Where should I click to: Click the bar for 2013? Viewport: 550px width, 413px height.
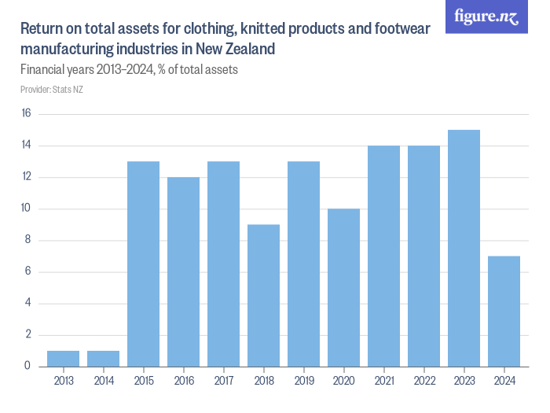[x=63, y=358]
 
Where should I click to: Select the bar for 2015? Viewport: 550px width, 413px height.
[x=143, y=264]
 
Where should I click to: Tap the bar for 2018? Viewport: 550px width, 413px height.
[x=263, y=295]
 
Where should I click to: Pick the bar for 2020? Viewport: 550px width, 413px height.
[x=343, y=287]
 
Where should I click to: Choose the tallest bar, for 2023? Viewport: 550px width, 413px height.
[x=464, y=248]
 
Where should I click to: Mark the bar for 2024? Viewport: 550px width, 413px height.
[x=504, y=311]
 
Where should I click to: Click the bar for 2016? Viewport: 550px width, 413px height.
[x=183, y=271]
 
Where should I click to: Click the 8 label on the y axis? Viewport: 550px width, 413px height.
[x=27, y=240]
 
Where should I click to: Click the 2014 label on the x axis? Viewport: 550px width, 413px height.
[x=103, y=381]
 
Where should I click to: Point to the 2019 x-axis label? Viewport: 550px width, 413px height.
[x=303, y=381]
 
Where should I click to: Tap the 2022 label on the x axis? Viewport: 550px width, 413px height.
[x=423, y=381]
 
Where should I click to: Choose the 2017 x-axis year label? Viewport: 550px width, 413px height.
[x=223, y=381]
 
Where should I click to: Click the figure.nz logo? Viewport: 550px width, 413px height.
[x=486, y=17]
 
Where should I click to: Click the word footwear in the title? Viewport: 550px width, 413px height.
[x=400, y=30]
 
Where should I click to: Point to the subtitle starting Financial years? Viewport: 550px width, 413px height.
[x=129, y=69]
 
